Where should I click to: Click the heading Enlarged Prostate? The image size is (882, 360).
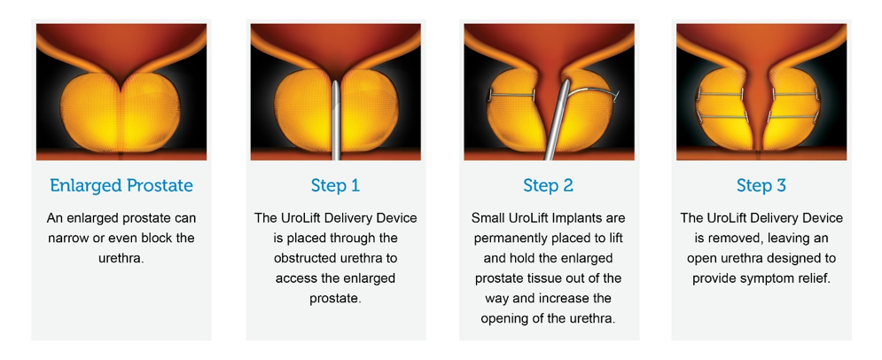click(x=121, y=185)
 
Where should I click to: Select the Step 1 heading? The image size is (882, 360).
click(x=335, y=185)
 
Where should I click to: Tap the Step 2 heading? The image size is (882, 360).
click(x=548, y=185)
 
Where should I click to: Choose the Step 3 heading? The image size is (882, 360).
click(x=761, y=185)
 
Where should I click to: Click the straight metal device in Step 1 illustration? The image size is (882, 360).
click(x=335, y=124)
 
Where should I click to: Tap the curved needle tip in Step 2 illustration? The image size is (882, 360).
click(x=612, y=93)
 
